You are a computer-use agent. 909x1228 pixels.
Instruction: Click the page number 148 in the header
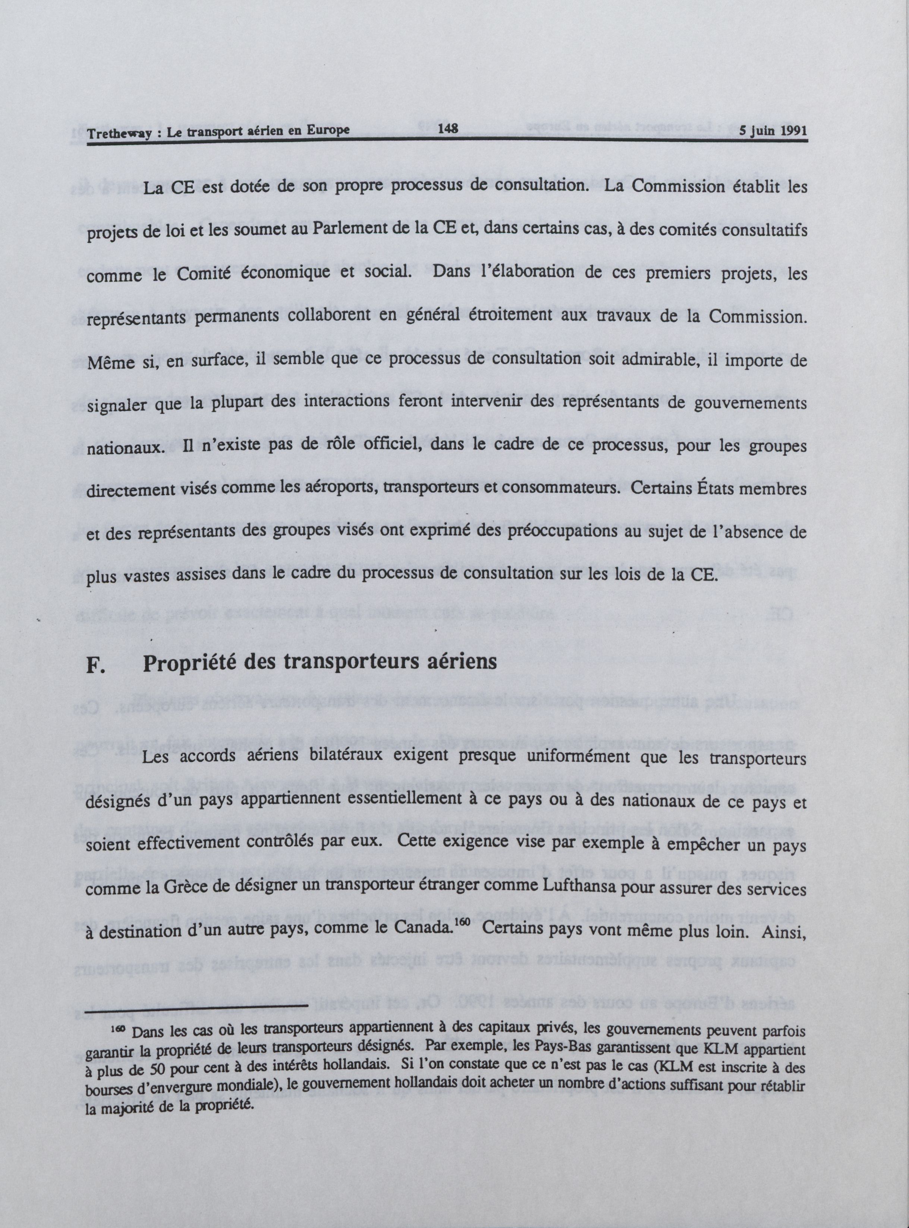coord(449,131)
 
